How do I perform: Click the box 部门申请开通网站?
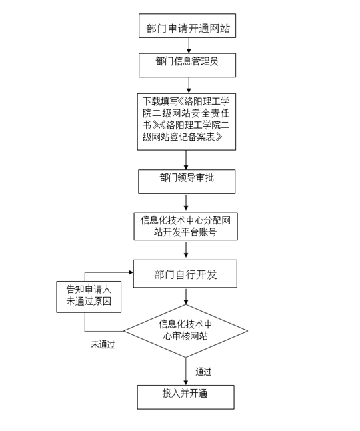(x=187, y=25)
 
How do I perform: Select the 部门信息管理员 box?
(x=187, y=65)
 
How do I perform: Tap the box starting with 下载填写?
(x=187, y=122)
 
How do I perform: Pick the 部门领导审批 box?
(x=187, y=181)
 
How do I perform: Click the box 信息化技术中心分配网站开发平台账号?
(x=185, y=226)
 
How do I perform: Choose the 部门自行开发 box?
(x=185, y=274)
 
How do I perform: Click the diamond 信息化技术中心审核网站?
(x=185, y=331)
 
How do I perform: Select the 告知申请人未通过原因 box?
(x=89, y=297)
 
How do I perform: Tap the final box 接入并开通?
(x=185, y=397)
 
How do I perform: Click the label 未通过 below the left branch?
(x=103, y=344)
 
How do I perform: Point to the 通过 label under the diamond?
(x=203, y=372)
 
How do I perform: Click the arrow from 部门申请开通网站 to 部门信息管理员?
(x=189, y=45)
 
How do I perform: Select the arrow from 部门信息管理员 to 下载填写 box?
(x=189, y=85)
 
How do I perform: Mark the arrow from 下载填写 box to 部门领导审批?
(x=186, y=160)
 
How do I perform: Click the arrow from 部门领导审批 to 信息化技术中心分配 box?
(x=186, y=203)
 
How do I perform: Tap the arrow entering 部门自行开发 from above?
(x=186, y=250)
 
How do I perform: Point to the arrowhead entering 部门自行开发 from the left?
(x=131, y=272)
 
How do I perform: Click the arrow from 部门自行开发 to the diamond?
(x=186, y=296)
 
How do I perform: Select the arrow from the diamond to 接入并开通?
(x=185, y=371)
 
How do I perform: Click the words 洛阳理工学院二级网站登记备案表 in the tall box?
(x=186, y=131)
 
